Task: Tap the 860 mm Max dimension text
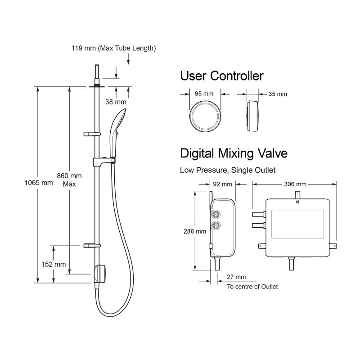click(x=69, y=179)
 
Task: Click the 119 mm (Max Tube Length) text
click(x=114, y=48)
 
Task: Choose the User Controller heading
click(x=221, y=76)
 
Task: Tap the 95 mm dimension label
click(x=204, y=94)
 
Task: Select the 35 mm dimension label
click(x=277, y=94)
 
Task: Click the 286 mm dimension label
click(x=195, y=231)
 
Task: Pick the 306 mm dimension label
click(x=295, y=184)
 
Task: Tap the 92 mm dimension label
click(x=222, y=184)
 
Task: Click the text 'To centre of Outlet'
click(x=252, y=287)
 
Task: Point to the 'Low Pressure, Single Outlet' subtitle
click(x=228, y=170)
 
